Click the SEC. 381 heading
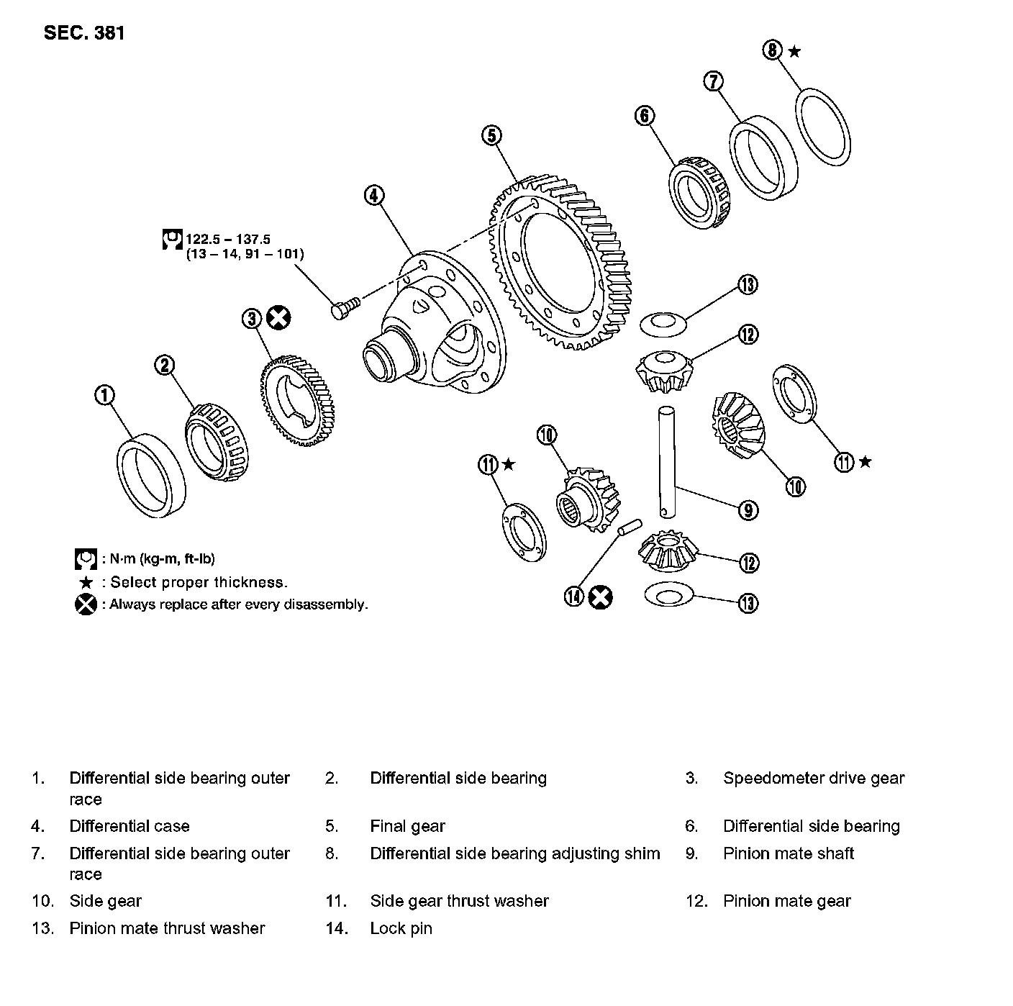84,33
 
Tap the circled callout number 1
105,394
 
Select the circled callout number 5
492,135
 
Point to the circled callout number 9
748,510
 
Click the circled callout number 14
574,597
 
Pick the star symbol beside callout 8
794,50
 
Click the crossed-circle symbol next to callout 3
278,317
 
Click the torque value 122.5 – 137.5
228,239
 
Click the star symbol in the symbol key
86,582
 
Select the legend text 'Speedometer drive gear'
813,778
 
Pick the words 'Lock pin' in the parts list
401,928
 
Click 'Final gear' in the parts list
407,826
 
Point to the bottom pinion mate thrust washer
668,595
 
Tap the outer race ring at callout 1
152,476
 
